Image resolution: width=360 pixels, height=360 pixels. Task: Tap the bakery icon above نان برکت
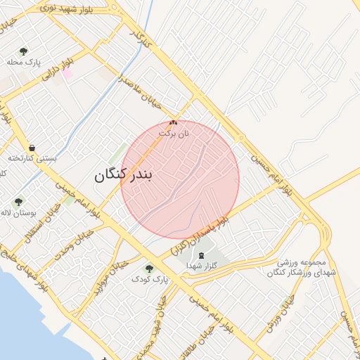pos(174,123)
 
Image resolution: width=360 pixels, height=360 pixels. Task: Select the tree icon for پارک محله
pos(24,51)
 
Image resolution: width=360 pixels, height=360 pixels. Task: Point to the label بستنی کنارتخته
pos(31,158)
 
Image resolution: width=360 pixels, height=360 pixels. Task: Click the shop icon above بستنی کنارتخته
pos(32,148)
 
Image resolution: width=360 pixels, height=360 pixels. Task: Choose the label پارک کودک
pos(150,279)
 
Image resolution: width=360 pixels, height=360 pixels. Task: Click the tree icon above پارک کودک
pos(149,268)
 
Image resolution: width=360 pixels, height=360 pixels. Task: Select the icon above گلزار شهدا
pos(202,255)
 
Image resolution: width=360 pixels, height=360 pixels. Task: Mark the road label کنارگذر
pos(141,39)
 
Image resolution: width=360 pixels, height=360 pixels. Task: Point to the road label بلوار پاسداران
pos(200,235)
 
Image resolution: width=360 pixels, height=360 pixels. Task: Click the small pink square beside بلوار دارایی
pos(68,73)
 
